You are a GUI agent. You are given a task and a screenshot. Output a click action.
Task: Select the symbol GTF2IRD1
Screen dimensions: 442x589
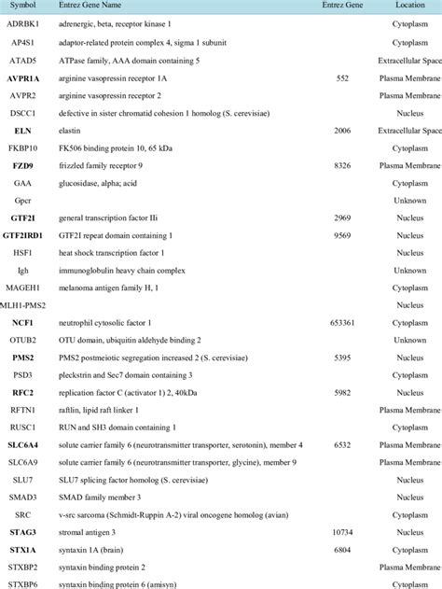[x=31, y=235]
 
